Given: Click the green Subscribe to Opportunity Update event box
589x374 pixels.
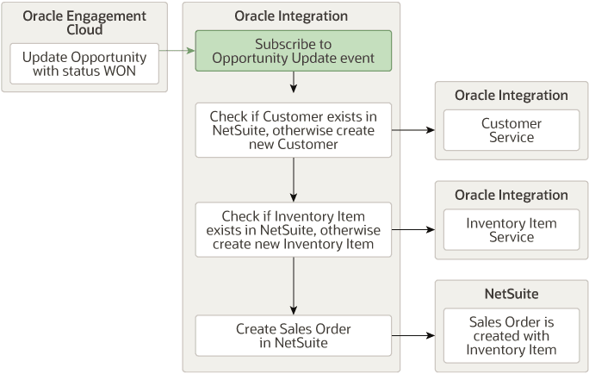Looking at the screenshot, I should [293, 51].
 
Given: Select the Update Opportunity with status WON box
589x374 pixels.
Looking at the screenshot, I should [84, 64].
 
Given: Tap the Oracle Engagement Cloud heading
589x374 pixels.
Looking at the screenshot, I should [84, 23].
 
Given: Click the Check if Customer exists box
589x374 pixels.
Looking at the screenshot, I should [293, 130].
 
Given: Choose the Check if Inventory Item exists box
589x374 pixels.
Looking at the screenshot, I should [293, 230].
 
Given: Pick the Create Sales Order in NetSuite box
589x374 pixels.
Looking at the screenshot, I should [293, 335].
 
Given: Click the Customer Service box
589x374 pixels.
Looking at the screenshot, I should [512, 130].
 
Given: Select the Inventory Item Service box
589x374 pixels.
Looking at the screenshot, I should [512, 230].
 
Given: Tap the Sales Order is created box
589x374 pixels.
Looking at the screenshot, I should [512, 335].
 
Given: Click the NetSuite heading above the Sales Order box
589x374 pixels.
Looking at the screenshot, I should [512, 294].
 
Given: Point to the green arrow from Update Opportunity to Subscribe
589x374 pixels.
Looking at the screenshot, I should [177, 52].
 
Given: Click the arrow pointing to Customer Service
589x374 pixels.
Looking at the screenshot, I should [412, 130].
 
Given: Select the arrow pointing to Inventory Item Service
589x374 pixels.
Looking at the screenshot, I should [412, 230].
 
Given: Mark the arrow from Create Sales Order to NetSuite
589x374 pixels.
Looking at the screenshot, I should [412, 335].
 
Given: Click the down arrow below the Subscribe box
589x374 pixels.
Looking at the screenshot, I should [294, 83].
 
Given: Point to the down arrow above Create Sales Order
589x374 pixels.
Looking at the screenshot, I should [294, 284].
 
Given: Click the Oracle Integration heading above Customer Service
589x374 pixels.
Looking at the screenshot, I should [512, 96].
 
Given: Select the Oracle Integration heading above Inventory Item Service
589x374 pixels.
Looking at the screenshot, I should [512, 195].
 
